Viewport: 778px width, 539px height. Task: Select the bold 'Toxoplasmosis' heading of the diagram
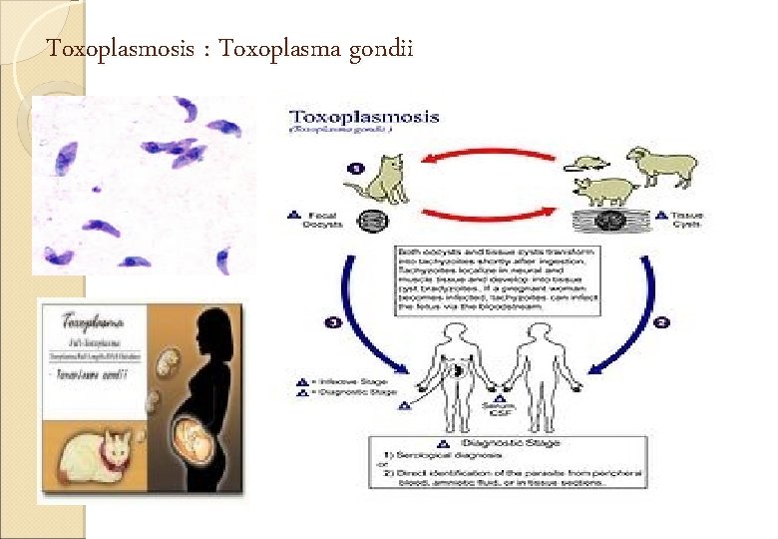tap(364, 117)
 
